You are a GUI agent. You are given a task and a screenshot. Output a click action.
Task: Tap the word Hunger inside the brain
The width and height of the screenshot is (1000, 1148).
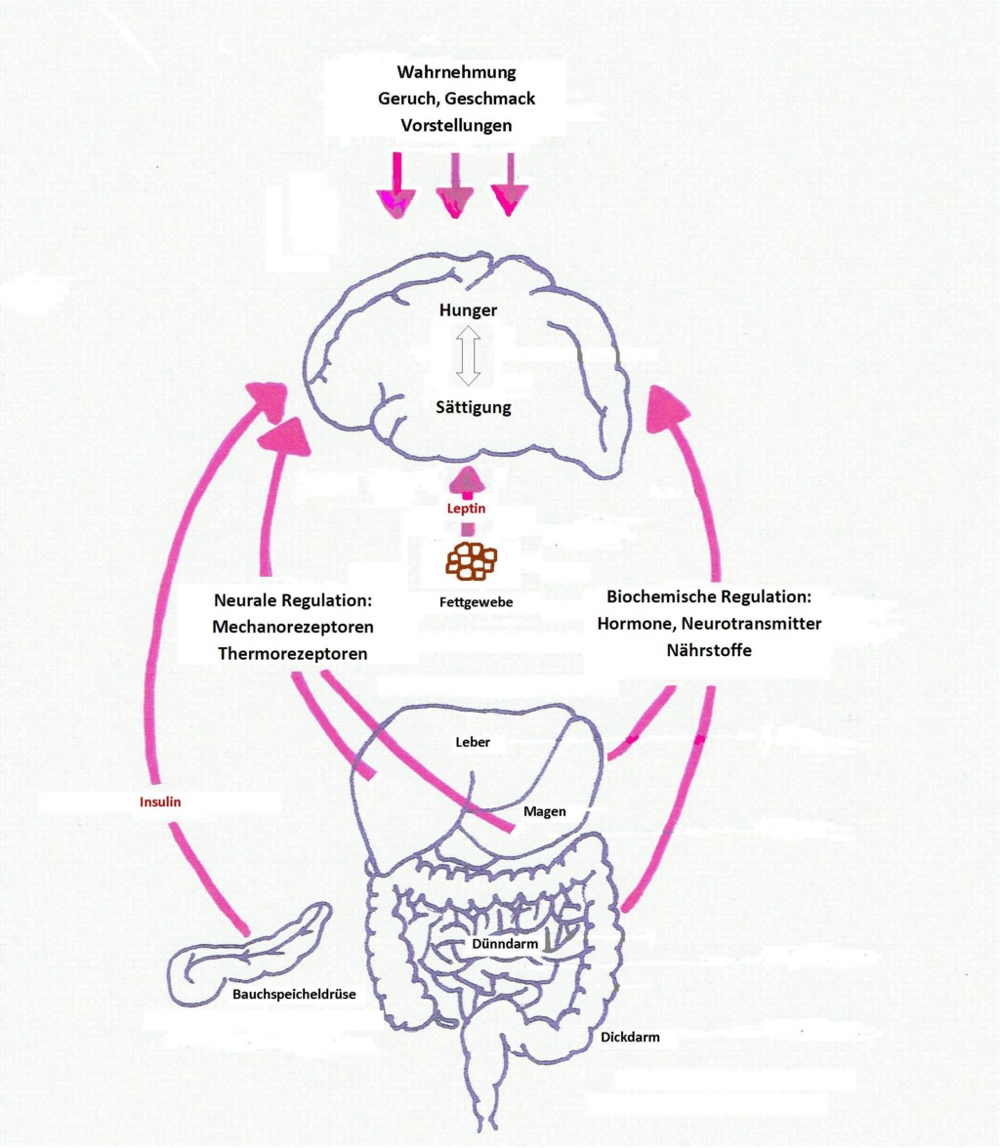click(x=469, y=311)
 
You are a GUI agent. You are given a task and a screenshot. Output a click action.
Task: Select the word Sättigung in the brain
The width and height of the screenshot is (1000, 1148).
click(x=473, y=407)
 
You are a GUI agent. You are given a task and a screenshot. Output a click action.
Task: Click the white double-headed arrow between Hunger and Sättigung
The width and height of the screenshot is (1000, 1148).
click(x=470, y=357)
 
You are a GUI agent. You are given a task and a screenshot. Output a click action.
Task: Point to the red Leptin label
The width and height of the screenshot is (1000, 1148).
click(x=466, y=509)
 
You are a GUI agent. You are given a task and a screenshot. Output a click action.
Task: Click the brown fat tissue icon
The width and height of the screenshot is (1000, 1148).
click(x=471, y=560)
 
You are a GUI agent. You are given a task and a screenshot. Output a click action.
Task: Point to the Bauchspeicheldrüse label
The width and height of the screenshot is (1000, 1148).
click(x=293, y=995)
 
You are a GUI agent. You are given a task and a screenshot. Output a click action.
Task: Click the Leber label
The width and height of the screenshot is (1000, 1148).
click(x=473, y=743)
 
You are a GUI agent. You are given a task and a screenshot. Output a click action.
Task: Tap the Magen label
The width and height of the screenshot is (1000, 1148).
click(x=544, y=811)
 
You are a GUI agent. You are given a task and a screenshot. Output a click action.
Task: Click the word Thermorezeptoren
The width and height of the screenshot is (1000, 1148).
click(x=293, y=654)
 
